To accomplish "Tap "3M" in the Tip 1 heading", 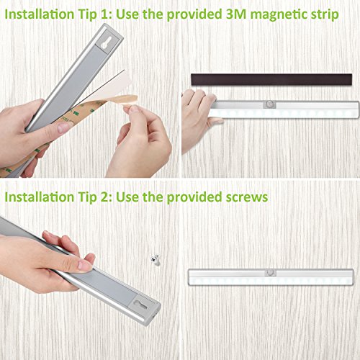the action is coord(236,14).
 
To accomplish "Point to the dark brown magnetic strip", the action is coord(271,79).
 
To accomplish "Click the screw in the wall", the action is coord(156,259).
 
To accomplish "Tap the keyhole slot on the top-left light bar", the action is coord(106,43).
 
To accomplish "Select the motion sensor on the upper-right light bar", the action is coord(270,104).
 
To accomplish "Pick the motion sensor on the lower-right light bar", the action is coord(271,273).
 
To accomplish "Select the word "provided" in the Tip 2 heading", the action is coord(194,197).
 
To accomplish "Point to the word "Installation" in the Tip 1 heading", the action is coord(40,14).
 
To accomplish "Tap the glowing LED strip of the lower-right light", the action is coord(271,280).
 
